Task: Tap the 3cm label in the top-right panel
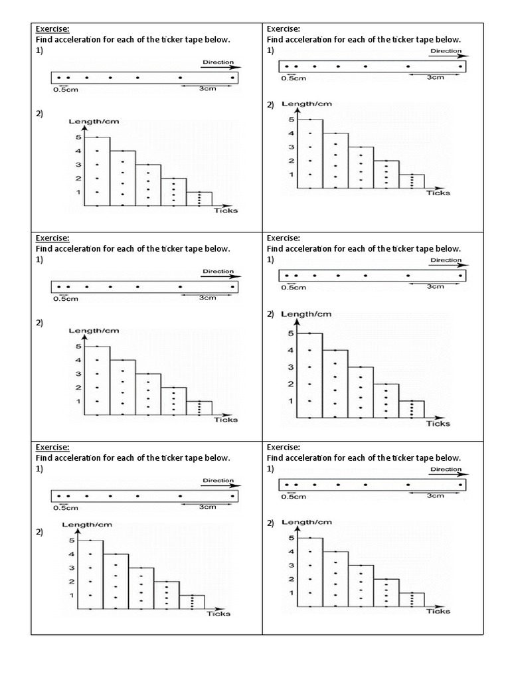(x=435, y=77)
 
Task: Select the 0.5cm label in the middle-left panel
(x=66, y=298)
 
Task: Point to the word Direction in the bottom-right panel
(x=445, y=469)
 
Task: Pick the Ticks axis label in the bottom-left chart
(x=218, y=614)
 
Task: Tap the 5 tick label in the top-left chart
(x=78, y=137)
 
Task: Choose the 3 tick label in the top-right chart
(x=290, y=147)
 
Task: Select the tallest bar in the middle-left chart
(x=98, y=380)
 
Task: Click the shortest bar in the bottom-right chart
(x=412, y=600)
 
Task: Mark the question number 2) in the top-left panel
(x=39, y=114)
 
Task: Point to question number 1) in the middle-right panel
(x=270, y=260)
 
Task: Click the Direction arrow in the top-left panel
(x=219, y=66)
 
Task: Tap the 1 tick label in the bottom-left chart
(x=71, y=595)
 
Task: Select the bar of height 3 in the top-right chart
(x=361, y=167)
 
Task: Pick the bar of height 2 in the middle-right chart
(x=386, y=400)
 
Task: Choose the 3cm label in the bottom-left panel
(x=207, y=507)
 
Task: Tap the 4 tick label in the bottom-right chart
(x=290, y=551)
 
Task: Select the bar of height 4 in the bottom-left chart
(x=116, y=581)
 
